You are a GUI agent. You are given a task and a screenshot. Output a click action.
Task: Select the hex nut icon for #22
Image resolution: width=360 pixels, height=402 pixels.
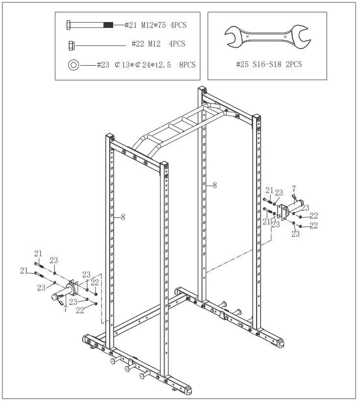(71, 45)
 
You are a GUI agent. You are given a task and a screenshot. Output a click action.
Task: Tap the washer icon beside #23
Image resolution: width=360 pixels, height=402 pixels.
(74, 64)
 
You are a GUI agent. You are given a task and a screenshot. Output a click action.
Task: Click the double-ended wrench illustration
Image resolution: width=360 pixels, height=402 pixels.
(267, 37)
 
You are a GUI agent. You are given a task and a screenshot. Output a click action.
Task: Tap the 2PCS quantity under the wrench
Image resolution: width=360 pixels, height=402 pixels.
(293, 64)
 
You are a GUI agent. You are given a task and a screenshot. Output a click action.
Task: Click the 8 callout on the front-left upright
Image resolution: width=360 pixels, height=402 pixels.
(122, 217)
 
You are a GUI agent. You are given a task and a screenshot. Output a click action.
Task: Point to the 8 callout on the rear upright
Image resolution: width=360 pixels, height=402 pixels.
(215, 185)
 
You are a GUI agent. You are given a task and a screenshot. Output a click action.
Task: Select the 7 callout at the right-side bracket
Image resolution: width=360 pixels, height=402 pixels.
(293, 188)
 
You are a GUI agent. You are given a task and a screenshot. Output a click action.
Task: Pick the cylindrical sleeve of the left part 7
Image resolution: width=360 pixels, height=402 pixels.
(55, 296)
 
